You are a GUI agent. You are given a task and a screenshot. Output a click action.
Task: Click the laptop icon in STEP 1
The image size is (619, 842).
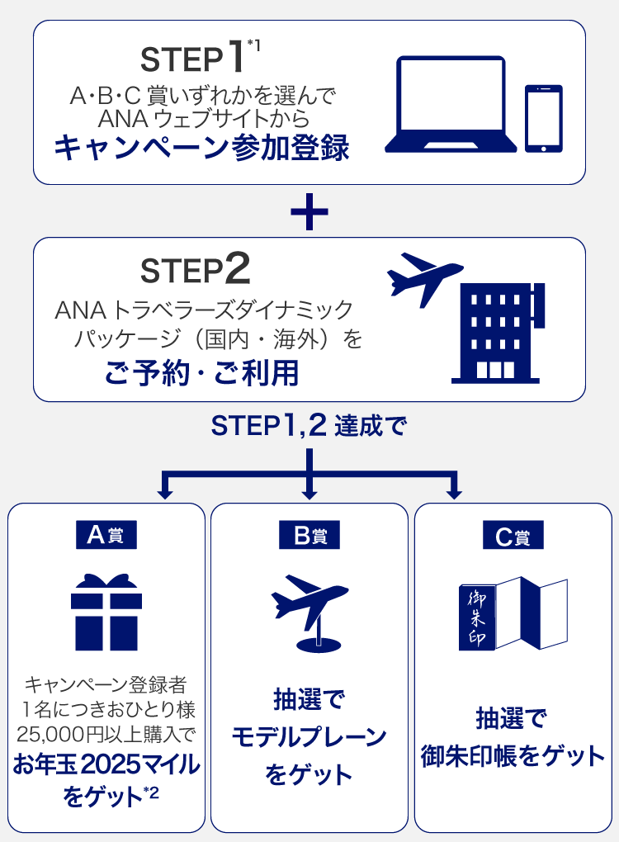pos(451,105)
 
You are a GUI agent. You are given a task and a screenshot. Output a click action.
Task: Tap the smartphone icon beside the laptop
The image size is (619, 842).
pos(544,119)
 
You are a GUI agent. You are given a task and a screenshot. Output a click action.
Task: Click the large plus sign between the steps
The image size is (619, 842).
pos(309,211)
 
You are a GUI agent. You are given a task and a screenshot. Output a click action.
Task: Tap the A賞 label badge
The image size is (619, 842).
pos(106,535)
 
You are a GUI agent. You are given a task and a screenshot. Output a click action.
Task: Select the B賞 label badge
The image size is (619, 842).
pos(309,535)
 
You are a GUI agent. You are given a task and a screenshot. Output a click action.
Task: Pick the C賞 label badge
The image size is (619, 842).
pos(513,535)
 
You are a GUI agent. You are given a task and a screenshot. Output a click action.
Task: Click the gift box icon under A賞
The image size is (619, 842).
pos(106,613)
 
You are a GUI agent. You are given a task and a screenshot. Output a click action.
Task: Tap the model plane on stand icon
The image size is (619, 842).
pos(309,613)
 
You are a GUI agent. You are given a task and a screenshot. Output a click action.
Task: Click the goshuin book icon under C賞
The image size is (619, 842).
pos(513,613)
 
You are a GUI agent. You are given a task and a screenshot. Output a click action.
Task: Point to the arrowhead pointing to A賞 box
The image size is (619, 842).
pos(165,493)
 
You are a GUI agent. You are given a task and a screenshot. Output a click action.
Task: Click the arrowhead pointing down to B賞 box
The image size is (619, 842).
pos(309,493)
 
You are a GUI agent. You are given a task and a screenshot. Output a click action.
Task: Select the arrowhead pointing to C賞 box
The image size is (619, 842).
pos(454,493)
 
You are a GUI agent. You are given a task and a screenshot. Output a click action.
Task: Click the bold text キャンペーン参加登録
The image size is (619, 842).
pos(202,148)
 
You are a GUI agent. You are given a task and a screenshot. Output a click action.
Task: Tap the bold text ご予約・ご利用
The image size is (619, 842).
pos(202,372)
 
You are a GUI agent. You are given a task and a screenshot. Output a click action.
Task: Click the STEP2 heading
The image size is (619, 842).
pos(196,269)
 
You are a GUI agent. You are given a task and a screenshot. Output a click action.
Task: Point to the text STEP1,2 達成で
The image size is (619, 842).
pos(309,426)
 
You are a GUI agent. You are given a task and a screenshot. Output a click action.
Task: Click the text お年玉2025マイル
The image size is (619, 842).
pos(106,764)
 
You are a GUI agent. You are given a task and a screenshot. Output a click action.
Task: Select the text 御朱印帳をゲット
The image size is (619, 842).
pos(513,756)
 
